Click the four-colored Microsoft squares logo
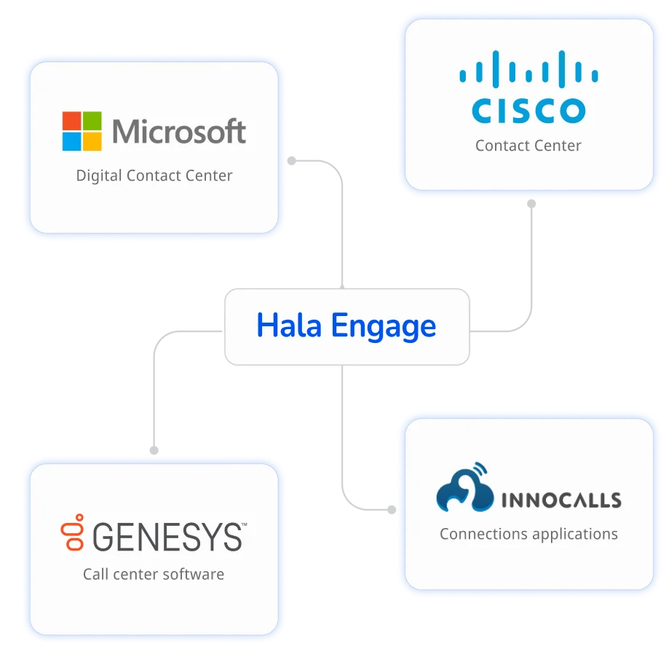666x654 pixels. [x=82, y=131]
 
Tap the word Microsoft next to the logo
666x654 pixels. [x=179, y=132]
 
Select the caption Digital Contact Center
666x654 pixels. [x=154, y=176]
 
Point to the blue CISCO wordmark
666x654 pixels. [x=528, y=110]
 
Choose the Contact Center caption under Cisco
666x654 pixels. [x=528, y=146]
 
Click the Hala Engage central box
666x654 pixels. [x=346, y=326]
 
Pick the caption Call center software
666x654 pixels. [x=154, y=574]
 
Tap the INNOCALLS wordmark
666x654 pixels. [x=560, y=500]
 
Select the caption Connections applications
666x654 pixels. [x=528, y=534]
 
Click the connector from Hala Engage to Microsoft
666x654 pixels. [x=340, y=218]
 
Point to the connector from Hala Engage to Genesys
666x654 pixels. [x=154, y=386]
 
